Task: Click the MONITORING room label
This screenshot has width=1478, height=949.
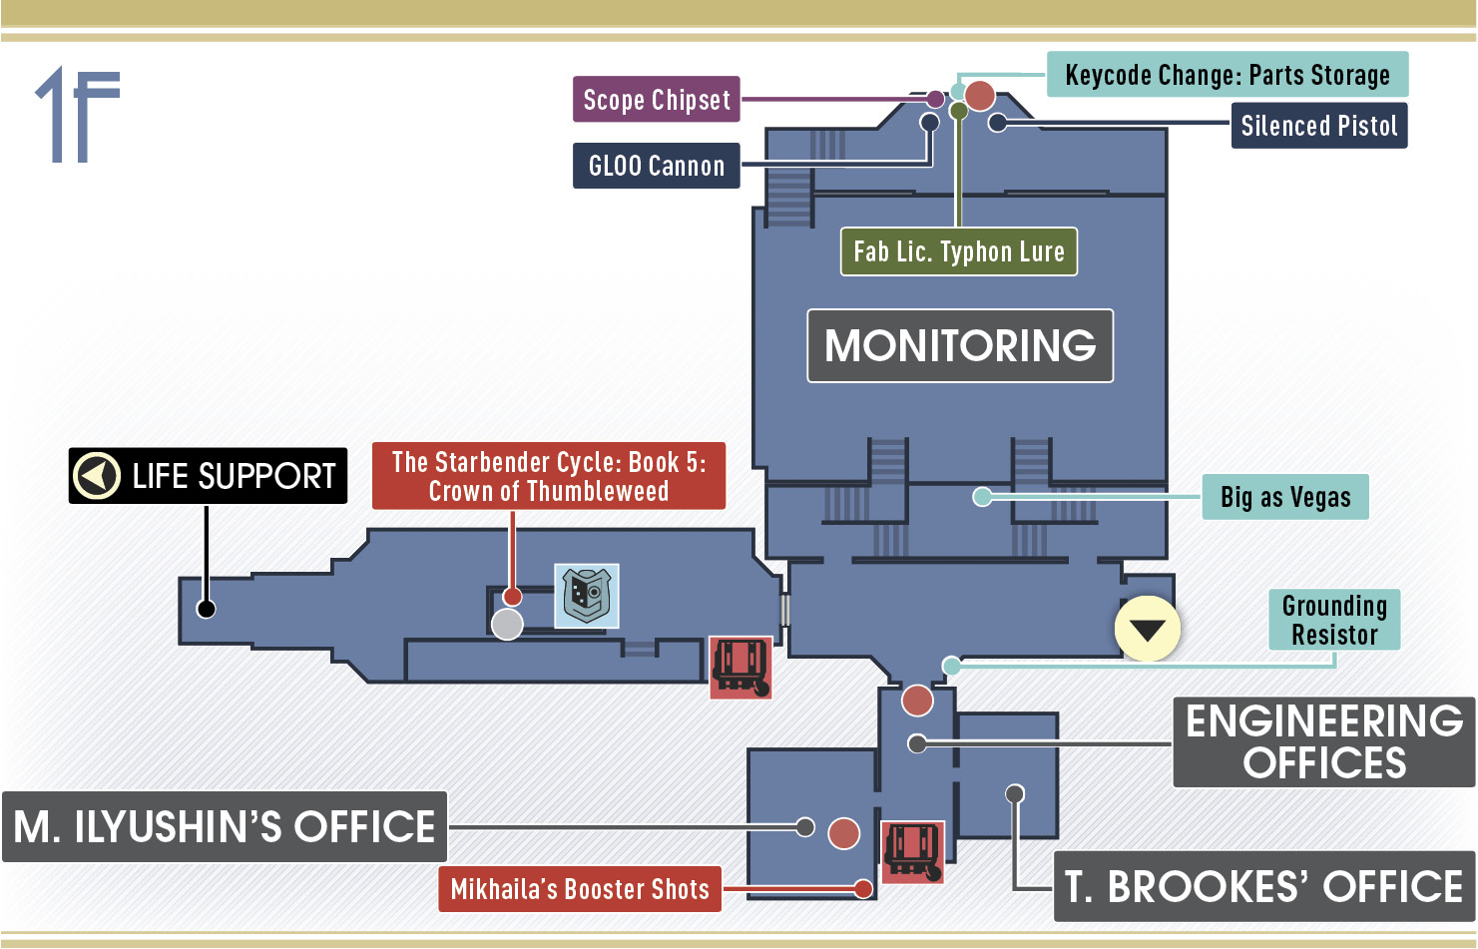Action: coord(960,345)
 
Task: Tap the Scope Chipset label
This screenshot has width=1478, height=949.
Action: coord(657,99)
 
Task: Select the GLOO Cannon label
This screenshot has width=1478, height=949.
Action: coord(657,165)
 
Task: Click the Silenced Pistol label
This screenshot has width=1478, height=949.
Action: coord(1319,126)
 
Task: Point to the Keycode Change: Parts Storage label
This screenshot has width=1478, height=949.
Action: coord(1228,74)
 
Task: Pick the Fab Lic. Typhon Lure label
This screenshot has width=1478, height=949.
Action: coord(959,251)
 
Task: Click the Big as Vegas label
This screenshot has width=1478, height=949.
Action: coord(1285,496)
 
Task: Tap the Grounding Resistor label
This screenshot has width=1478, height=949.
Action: coord(1334,620)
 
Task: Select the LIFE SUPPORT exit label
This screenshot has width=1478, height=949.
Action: coord(208,476)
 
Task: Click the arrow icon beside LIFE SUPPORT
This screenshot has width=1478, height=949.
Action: coord(97,475)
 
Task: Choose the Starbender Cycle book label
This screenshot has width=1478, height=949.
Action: coord(548,476)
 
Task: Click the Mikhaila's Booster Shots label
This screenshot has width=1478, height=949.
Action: coord(580,889)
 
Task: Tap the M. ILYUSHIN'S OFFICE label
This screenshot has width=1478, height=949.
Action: coord(225,826)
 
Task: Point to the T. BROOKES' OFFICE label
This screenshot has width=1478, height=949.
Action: coord(1263,886)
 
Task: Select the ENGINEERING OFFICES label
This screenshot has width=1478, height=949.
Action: coord(1323,741)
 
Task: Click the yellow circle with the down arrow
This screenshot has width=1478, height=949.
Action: coord(1148,628)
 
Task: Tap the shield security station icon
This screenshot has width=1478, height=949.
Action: coord(587,596)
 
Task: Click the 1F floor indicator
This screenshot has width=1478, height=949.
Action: coord(78,114)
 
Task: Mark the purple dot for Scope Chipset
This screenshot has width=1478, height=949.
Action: coord(935,99)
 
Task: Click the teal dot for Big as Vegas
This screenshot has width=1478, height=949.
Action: coord(982,497)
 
